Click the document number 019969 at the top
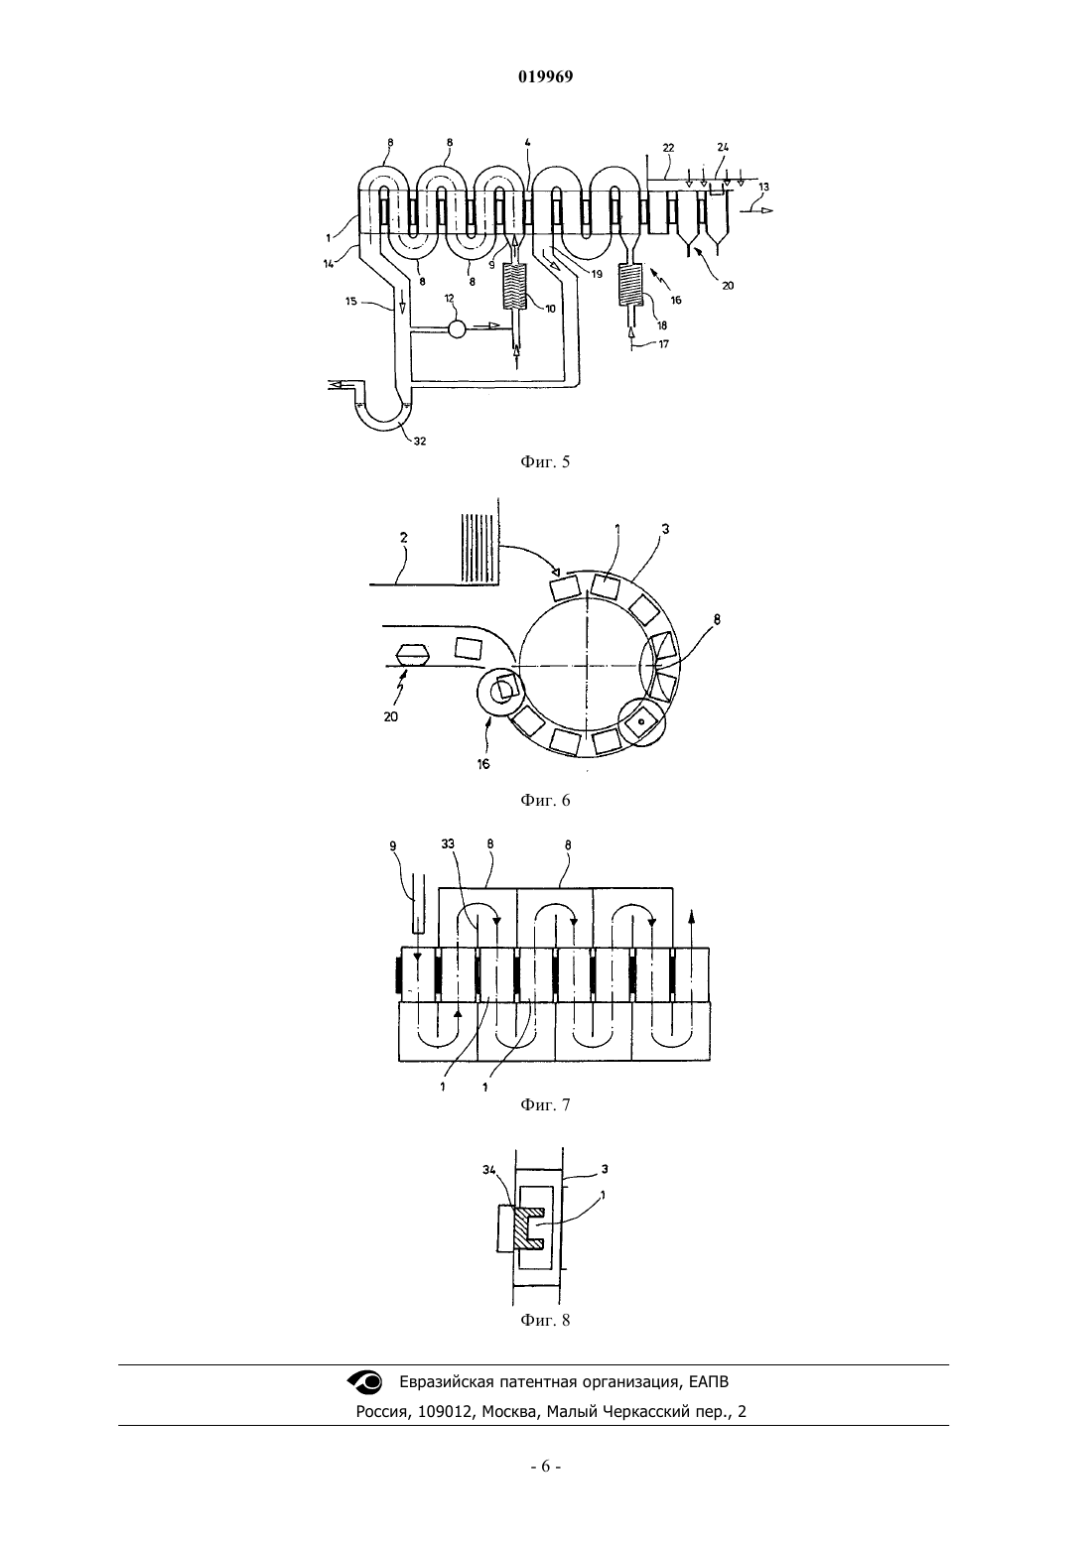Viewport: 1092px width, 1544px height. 545,76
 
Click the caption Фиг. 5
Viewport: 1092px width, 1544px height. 545,461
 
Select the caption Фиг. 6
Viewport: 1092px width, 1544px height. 545,800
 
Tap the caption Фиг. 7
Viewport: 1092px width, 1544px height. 545,1104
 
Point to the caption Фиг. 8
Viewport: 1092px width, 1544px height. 545,1320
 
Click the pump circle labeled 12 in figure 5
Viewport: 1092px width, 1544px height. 457,328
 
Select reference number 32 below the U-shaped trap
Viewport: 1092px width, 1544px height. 419,442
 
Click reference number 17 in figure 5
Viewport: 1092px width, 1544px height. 663,344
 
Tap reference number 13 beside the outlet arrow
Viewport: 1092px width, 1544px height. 763,187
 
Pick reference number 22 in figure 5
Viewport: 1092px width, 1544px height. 668,148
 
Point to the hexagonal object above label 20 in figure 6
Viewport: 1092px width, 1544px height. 412,654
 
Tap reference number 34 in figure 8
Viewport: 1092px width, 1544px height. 488,1169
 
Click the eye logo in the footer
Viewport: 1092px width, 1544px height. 364,1381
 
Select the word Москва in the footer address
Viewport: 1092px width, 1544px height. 510,1412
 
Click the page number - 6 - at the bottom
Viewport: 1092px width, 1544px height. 545,1467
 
